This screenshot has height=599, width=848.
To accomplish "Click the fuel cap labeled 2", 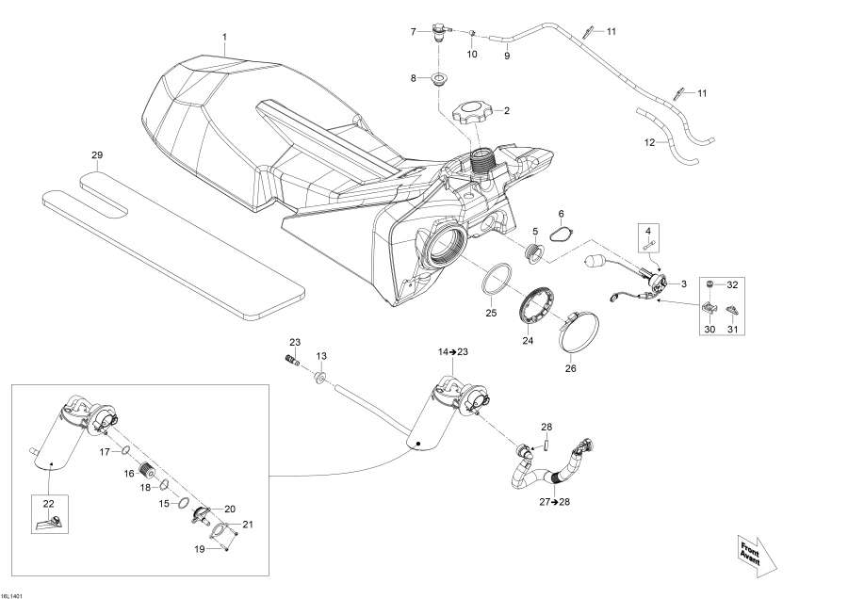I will coord(473,116).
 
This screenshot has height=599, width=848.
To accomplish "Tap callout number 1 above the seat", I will coord(224,38).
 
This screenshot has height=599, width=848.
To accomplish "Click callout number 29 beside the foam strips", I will coord(96,154).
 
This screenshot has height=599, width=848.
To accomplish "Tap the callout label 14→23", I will coord(452,350).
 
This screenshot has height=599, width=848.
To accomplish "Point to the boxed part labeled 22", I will coord(47,517).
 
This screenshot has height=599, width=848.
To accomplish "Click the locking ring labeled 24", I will coord(537,306).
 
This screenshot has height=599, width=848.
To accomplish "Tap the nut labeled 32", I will coord(711,283).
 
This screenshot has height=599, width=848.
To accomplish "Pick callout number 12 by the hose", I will coord(648,142).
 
